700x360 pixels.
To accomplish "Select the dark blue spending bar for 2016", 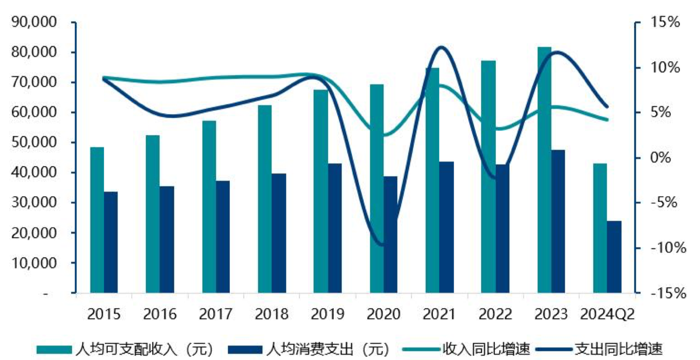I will tap(167, 239).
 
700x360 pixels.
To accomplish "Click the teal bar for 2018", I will tap(265, 199).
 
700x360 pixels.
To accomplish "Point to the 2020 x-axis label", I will tap(383, 314).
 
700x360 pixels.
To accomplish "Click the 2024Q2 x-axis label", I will tap(608, 314).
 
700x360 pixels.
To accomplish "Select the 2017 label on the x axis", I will tap(216, 314).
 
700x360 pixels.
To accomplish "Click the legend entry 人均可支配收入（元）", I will tap(125, 348).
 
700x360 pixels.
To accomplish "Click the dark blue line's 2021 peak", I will tap(440, 47).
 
